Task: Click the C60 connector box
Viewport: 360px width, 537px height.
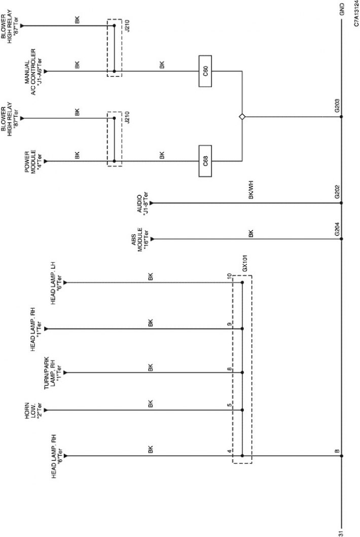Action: pyautogui.click(x=205, y=71)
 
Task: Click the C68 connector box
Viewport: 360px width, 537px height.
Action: pyautogui.click(x=205, y=161)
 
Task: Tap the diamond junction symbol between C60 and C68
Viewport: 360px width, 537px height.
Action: pyautogui.click(x=242, y=117)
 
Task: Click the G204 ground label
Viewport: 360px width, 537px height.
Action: pyautogui.click(x=337, y=229)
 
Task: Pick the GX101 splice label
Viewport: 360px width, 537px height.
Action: pyautogui.click(x=245, y=263)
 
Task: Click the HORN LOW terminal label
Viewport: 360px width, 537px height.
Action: pyautogui.click(x=32, y=411)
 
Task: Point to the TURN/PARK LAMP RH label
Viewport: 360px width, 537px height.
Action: pyautogui.click(x=52, y=373)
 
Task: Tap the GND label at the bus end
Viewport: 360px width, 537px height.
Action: pyautogui.click(x=342, y=9)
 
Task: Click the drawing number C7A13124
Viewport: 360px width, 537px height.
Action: pyautogui.click(x=356, y=14)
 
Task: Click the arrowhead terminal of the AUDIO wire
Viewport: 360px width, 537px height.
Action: pyautogui.click(x=152, y=203)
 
